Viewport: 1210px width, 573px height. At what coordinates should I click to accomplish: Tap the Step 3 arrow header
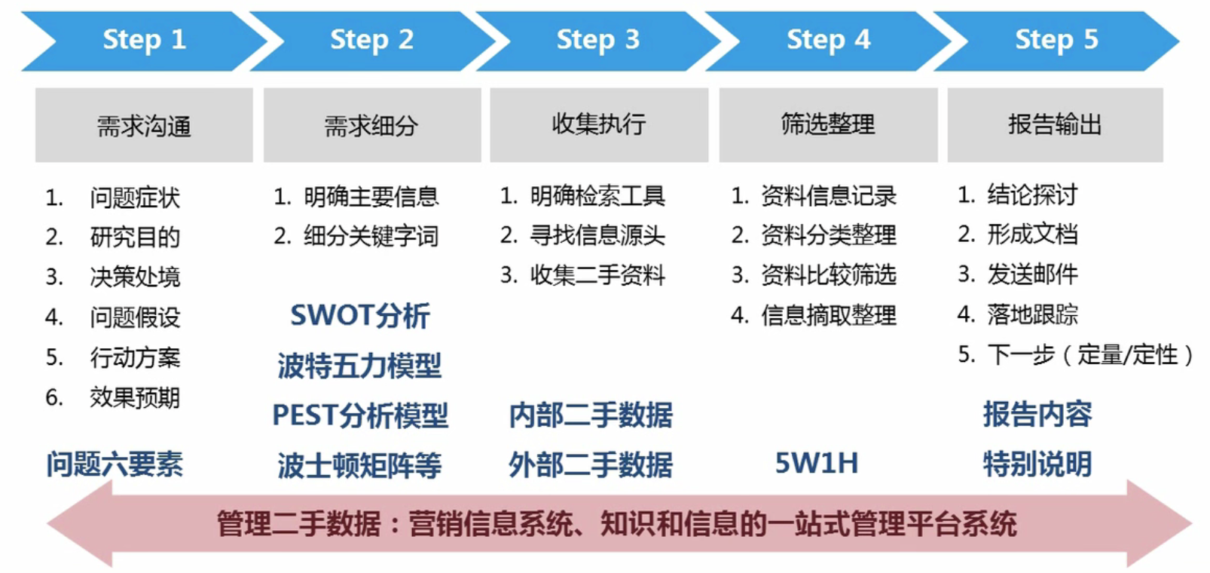598,41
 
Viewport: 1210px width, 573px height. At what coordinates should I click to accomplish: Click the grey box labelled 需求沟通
144,125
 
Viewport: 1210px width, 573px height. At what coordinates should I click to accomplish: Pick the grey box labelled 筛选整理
828,125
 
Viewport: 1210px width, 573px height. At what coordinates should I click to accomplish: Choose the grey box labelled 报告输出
1056,125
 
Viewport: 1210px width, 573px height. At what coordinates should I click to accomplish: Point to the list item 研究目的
135,237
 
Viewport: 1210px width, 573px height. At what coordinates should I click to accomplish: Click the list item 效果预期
135,398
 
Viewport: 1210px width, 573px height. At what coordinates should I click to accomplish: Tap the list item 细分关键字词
371,236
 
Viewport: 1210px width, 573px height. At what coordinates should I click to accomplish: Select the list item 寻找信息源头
597,235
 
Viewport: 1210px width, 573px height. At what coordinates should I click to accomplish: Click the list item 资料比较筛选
829,275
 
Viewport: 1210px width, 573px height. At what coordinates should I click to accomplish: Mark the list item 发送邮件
1033,274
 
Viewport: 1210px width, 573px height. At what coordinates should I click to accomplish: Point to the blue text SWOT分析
360,316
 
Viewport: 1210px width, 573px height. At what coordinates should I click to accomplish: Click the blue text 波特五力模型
359,366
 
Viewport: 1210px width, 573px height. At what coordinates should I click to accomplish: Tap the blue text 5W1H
817,463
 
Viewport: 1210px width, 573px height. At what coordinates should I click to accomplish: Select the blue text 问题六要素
115,464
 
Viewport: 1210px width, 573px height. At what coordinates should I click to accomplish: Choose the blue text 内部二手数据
591,415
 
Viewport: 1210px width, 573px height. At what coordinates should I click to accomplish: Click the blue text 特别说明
1037,464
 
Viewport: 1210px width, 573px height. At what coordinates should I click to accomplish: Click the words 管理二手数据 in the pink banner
299,524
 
